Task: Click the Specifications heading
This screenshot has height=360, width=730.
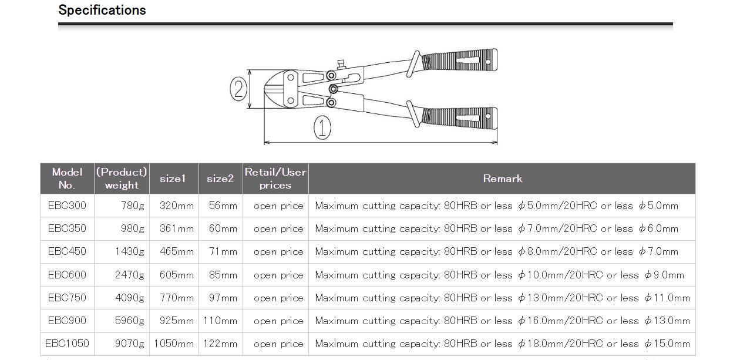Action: tap(102, 11)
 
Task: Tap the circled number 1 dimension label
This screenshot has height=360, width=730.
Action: tap(322, 127)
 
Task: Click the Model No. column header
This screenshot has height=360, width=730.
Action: tap(67, 179)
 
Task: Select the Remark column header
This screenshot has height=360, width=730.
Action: tap(502, 179)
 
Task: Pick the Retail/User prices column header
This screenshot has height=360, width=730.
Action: tap(275, 179)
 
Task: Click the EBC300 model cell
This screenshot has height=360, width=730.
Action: tap(67, 206)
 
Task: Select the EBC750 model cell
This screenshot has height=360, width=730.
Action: tap(67, 298)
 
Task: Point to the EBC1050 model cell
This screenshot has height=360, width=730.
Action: tap(67, 344)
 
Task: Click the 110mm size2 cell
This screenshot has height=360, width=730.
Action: tap(220, 321)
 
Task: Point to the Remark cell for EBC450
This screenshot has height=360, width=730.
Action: tap(496, 251)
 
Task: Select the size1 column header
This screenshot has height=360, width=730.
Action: tap(173, 179)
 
